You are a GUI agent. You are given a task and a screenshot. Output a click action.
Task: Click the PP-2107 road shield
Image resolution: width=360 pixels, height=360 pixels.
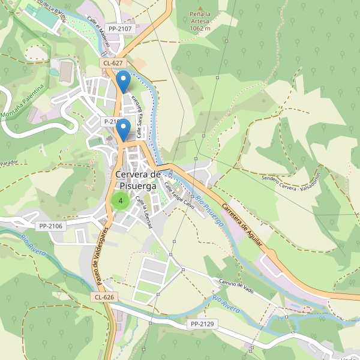120,28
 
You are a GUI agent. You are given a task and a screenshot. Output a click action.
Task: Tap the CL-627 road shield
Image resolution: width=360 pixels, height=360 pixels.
113,62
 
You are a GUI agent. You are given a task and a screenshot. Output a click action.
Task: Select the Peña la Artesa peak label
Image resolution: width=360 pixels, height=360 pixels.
200,21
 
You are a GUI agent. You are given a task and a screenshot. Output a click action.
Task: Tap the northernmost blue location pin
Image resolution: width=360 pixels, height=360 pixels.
123,82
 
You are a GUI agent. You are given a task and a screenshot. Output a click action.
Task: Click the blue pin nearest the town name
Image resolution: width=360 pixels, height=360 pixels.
123,131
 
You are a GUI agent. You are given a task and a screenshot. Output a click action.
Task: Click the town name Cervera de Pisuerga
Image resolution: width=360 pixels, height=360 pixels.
138,180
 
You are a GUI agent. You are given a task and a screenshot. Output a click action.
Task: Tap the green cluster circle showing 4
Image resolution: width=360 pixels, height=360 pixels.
121,201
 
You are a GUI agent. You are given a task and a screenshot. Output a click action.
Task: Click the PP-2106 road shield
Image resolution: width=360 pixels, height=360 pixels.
51,226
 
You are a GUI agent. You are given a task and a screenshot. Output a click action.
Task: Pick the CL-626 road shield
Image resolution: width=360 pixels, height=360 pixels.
104,297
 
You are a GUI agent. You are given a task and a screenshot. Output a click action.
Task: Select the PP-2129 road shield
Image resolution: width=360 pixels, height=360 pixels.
202,324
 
